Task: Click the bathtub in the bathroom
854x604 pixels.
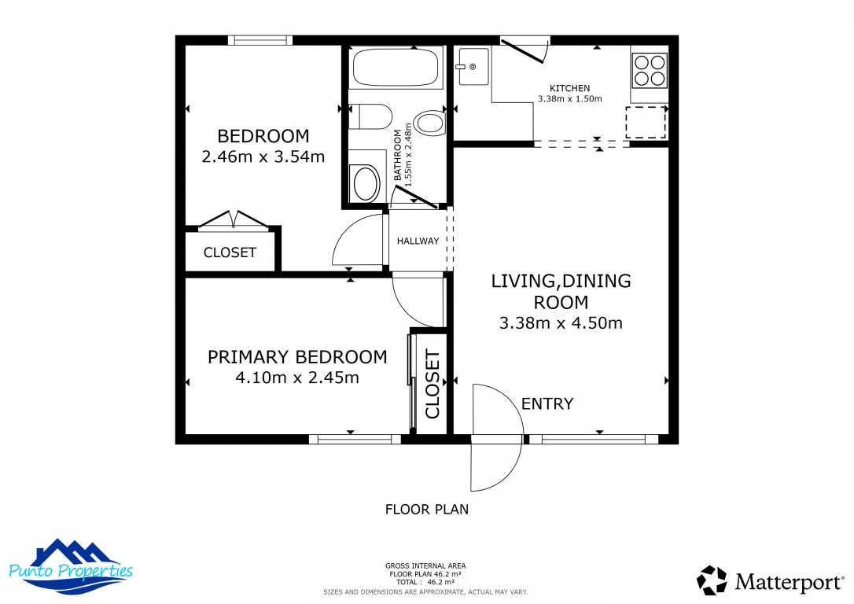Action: tap(395, 68)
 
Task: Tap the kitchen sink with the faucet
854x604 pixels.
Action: tap(473, 67)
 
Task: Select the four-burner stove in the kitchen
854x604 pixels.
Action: tap(649, 69)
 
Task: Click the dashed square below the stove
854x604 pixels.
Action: tap(646, 122)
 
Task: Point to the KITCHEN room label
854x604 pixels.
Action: tap(569, 88)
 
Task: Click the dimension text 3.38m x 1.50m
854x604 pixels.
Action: tap(569, 99)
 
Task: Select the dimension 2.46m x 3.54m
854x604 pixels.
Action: tap(263, 157)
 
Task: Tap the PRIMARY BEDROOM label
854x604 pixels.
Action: tap(297, 357)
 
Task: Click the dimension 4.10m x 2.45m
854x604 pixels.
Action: tap(297, 377)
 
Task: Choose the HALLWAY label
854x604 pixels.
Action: tap(418, 241)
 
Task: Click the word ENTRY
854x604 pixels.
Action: tap(547, 404)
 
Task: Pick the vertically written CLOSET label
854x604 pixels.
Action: tap(432, 385)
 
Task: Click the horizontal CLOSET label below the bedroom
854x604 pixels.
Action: tap(230, 252)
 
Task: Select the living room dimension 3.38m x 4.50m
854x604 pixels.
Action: tap(561, 322)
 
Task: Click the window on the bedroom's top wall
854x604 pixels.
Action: tap(260, 40)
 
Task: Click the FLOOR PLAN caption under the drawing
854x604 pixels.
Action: tap(426, 510)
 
